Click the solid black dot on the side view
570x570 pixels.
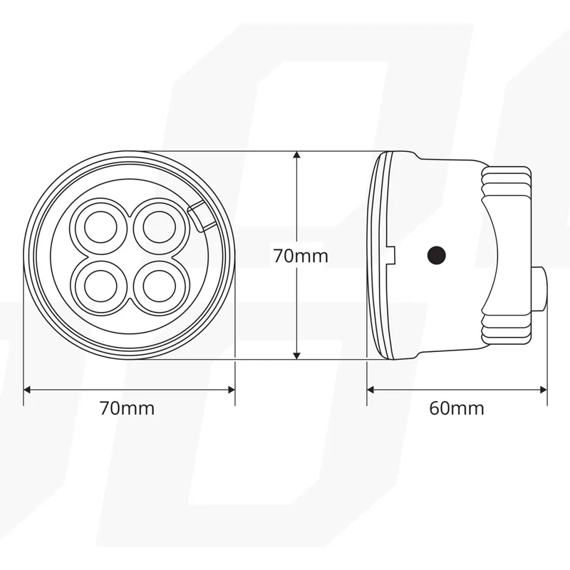(437, 255)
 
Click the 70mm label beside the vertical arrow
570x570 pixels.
(301, 256)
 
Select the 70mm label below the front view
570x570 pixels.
(128, 408)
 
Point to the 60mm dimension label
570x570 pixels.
(457, 408)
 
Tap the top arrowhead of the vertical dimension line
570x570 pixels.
(297, 155)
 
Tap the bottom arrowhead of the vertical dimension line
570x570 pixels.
(297, 356)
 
